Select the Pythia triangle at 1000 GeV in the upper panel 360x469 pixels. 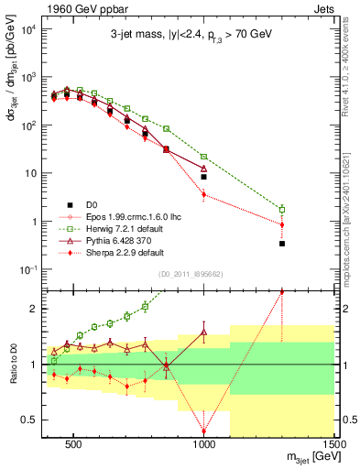pos(204,169)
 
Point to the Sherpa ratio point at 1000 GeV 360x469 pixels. pos(204,431)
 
